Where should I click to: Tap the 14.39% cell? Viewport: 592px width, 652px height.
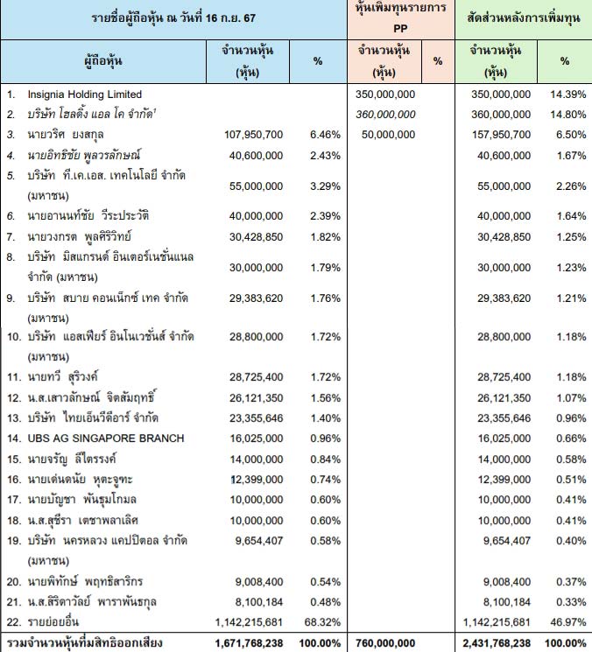click(x=565, y=94)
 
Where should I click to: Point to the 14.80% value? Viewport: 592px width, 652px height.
click(x=565, y=114)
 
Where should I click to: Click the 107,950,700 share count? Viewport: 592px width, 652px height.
click(x=254, y=134)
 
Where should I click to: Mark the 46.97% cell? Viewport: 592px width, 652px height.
click(x=565, y=621)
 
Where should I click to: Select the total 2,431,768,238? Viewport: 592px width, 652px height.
click(x=495, y=642)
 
